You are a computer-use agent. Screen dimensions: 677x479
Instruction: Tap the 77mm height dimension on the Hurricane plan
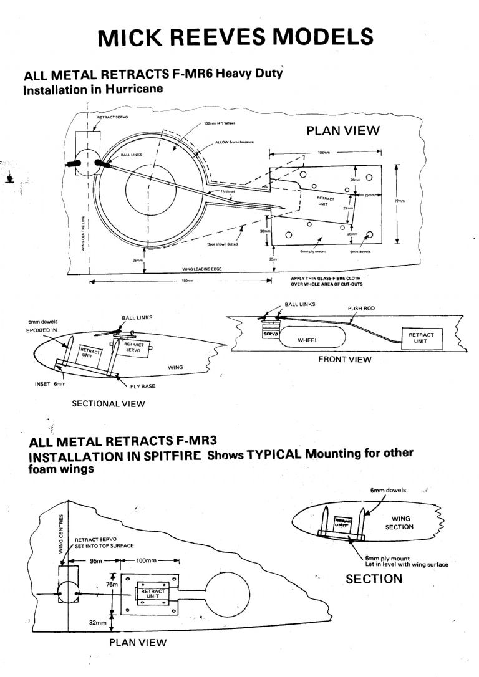click(x=400, y=201)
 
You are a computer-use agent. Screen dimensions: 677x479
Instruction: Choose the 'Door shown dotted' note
click(x=222, y=244)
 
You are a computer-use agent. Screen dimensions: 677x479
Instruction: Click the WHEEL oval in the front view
click(x=308, y=340)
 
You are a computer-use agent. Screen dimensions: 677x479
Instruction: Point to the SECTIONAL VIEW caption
click(x=108, y=403)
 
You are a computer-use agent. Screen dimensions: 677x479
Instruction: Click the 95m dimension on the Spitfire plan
click(x=95, y=560)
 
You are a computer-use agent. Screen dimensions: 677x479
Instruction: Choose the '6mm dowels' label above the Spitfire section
click(x=388, y=491)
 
